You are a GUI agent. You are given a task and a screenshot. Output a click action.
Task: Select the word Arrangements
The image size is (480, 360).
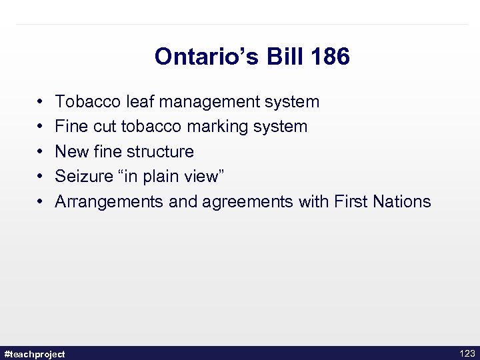(x=109, y=201)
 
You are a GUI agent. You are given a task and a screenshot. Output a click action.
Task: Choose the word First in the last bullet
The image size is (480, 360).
(x=351, y=201)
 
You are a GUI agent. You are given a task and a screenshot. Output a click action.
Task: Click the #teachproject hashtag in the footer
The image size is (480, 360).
(x=35, y=354)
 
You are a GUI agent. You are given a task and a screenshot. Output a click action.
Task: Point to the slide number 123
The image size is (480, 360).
(x=467, y=353)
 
